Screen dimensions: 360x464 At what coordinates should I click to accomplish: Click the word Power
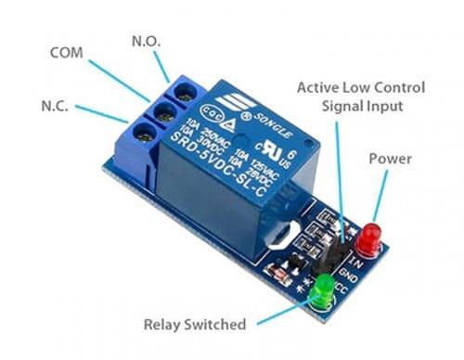coord(390,159)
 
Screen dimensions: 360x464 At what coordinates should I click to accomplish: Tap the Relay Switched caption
coord(194,325)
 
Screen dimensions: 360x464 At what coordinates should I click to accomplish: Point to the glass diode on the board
coord(278,273)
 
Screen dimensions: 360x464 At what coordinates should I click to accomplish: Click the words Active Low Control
coord(360,87)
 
